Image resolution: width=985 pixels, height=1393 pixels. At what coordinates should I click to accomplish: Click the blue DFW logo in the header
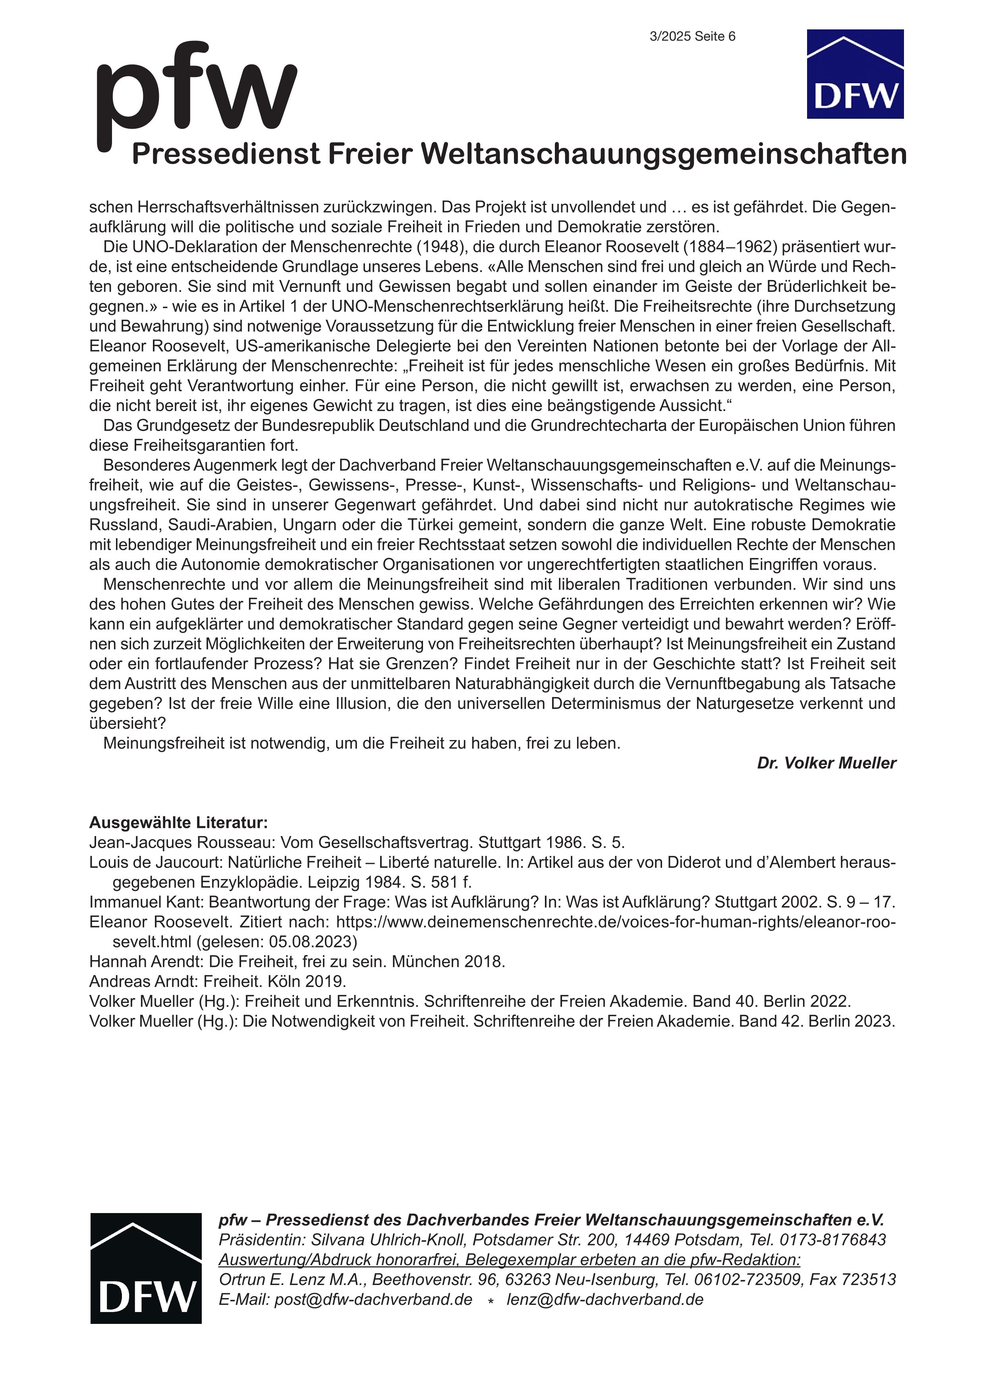pyautogui.click(x=855, y=74)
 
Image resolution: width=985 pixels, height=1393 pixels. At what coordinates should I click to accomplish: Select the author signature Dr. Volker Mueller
pyautogui.click(x=826, y=763)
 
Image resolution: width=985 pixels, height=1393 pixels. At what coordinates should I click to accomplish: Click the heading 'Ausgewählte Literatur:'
pyautogui.click(x=178, y=823)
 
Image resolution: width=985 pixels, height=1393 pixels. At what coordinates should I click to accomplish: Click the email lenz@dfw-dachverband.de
pyautogui.click(x=605, y=1300)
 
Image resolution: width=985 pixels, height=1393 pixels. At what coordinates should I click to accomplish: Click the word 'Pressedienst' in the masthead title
pyautogui.click(x=226, y=154)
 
